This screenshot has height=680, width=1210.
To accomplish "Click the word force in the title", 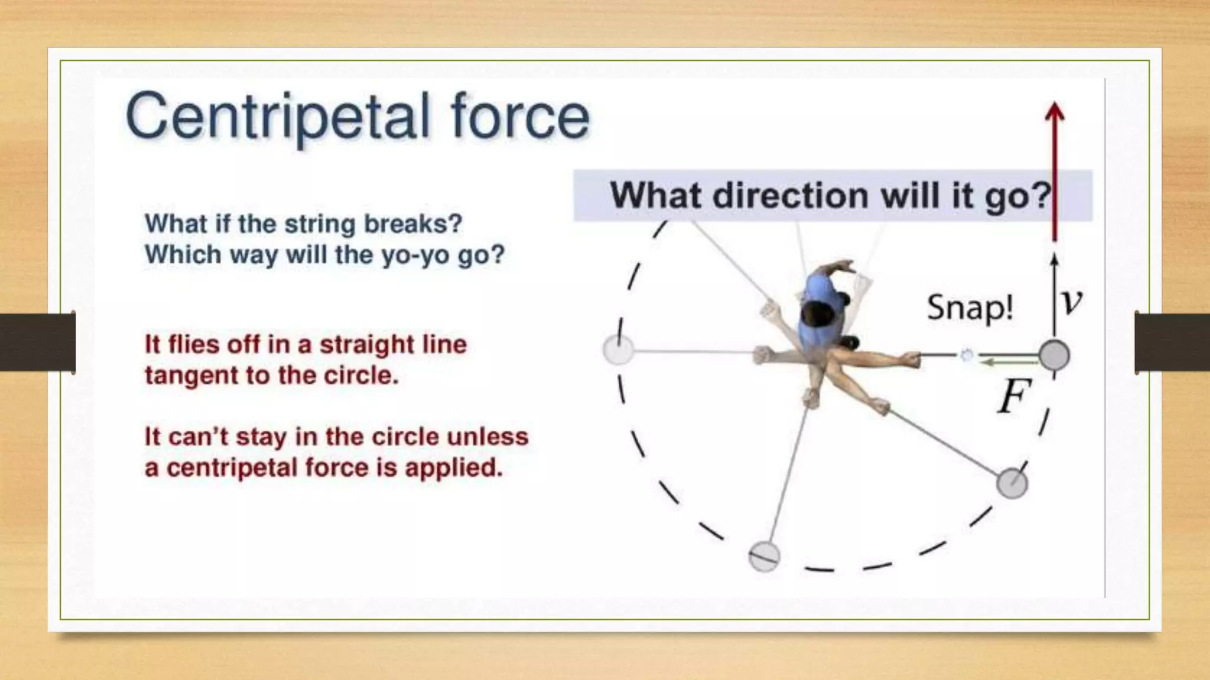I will click(x=520, y=116).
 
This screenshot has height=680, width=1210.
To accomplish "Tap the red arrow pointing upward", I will click(x=1055, y=171).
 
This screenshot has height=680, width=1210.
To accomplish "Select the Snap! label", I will click(x=970, y=308).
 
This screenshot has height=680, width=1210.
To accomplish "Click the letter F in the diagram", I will click(x=1014, y=397).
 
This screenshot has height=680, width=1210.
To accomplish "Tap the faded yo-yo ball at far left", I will click(x=619, y=350).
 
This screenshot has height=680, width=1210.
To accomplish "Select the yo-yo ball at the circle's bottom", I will click(x=764, y=556).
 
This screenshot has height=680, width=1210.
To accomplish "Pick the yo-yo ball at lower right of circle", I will click(x=1012, y=483).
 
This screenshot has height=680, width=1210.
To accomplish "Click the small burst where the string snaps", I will click(x=967, y=355).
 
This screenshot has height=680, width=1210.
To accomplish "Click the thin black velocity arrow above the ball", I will click(x=1055, y=295).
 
